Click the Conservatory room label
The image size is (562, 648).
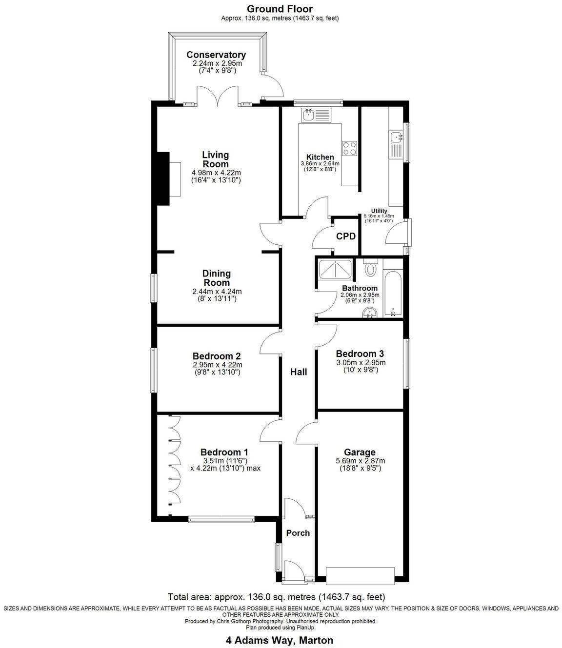[216, 55]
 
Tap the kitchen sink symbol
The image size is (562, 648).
[316, 116]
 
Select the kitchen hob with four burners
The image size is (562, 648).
[350, 148]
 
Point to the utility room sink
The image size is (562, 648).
[396, 137]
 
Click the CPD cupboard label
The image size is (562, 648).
[345, 236]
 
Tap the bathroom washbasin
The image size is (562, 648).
[370, 313]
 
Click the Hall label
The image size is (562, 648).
[299, 372]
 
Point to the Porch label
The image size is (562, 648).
[298, 533]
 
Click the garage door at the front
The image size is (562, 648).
[360, 576]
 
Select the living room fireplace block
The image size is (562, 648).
[162, 179]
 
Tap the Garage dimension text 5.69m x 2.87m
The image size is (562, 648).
[360, 461]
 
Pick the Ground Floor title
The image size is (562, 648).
[280, 9]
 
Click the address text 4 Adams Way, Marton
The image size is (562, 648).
[280, 640]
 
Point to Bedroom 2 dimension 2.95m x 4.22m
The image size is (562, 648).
[217, 365]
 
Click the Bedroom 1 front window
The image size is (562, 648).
[221, 520]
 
